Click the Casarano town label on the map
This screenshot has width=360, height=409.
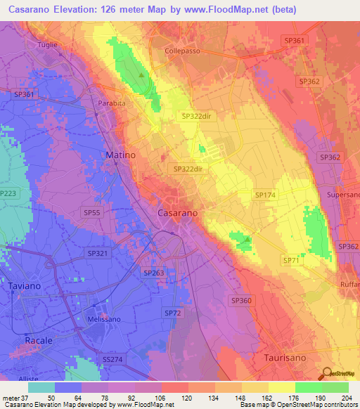[x=176, y=212]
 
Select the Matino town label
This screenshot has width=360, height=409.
[x=120, y=154]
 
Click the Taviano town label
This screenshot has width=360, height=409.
[x=26, y=286]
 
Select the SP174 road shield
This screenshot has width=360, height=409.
[x=266, y=194]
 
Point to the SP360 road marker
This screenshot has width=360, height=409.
[x=241, y=300]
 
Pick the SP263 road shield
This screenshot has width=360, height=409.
[x=153, y=272]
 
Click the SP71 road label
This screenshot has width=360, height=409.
[x=291, y=260]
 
